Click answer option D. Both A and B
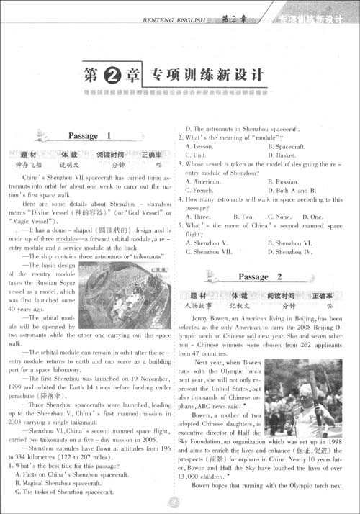[x=292, y=191]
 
